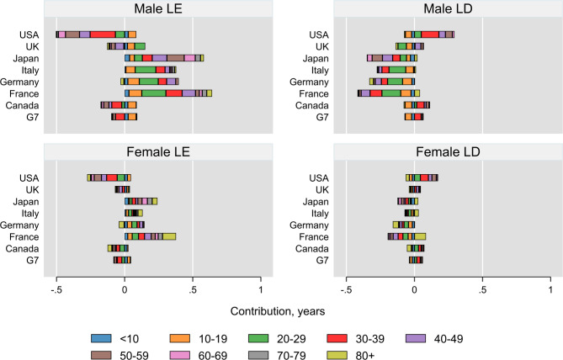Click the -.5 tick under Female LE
point(56,279)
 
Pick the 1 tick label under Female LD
point(550,279)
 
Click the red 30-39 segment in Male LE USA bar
point(103,34)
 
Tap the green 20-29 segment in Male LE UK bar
point(140,46)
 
